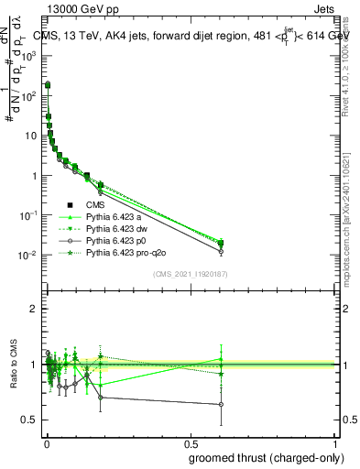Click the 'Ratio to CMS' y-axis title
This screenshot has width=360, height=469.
(x=16, y=365)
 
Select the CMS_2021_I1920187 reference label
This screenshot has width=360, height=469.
(x=191, y=273)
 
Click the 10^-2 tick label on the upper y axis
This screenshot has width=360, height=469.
(x=29, y=255)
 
